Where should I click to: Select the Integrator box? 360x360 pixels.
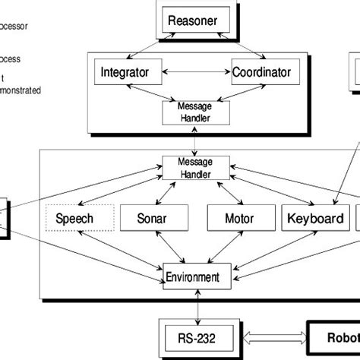coord(130,74)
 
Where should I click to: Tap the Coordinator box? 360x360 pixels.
coord(266,74)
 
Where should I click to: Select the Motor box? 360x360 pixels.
coord(235,219)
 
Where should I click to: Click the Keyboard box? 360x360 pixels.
coord(314,219)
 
